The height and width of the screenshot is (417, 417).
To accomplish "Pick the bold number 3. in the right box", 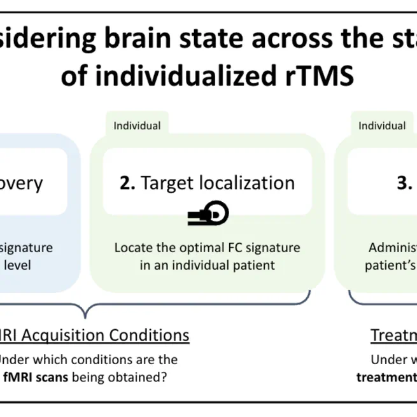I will (405, 183).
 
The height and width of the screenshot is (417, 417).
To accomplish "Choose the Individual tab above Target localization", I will (137, 125).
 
